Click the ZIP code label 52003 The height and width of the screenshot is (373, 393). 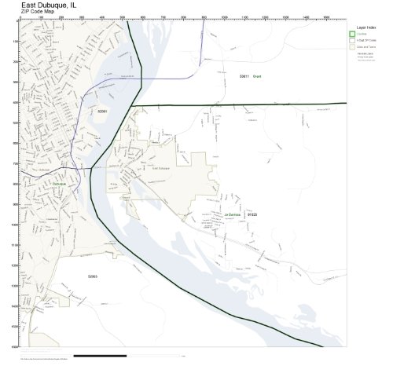click(92, 276)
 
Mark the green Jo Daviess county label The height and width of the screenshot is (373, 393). click(232, 214)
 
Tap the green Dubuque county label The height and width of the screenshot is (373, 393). click(59, 184)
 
